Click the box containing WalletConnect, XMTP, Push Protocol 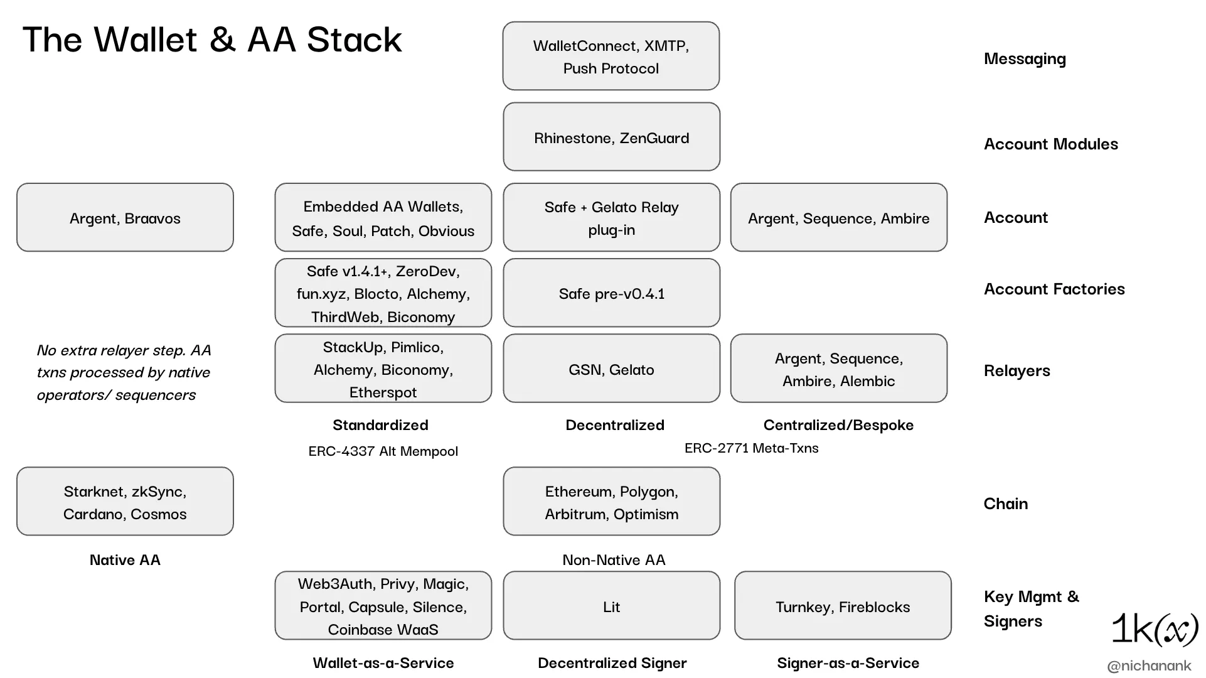[611, 56]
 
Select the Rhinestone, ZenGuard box [612, 137]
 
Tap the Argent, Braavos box [125, 217]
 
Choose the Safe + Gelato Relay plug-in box [612, 217]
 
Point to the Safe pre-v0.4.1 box [612, 293]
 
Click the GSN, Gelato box [612, 368]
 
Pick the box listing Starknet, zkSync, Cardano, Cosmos [125, 501]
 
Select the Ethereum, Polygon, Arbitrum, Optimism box [612, 501]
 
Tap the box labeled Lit [612, 605]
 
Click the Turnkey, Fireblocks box [843, 605]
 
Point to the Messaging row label [1025, 59]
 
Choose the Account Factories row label [1054, 289]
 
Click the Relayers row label [1017, 370]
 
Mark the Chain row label [1006, 503]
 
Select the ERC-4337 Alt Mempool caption [383, 451]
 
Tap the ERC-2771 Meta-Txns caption [751, 448]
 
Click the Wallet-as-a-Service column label [383, 663]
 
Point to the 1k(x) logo [1155, 628]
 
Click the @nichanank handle [1149, 666]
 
